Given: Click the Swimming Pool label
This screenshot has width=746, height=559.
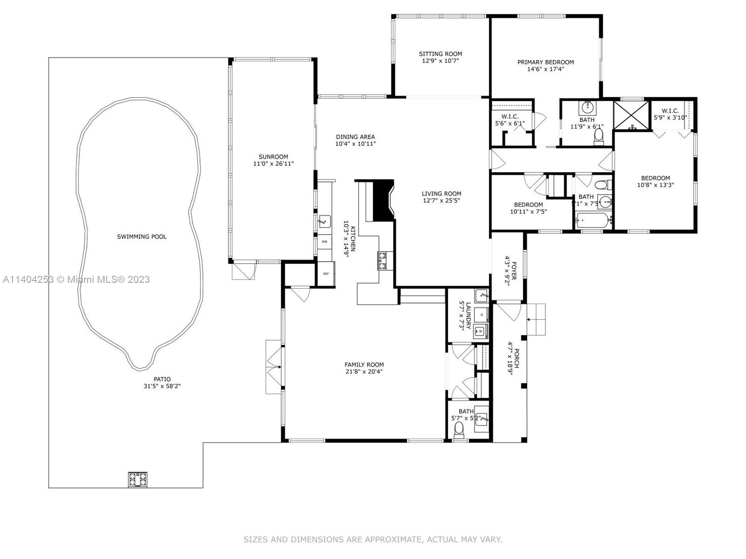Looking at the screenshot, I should point(141,237).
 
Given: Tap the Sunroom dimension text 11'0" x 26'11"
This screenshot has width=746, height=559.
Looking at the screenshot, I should point(273,164).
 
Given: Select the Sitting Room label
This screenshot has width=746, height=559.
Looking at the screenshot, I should point(440,54).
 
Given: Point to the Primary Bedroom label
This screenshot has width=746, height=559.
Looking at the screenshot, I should point(546,62).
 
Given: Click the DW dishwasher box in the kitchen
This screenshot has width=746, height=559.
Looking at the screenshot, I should point(324,242).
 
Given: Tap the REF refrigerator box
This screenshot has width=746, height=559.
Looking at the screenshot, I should point(325,273).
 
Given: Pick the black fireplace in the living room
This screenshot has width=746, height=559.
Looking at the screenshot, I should point(384,200).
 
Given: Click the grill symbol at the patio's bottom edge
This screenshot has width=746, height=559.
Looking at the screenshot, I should point(138,479).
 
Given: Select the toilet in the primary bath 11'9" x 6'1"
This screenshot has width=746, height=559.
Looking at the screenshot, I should point(599,136).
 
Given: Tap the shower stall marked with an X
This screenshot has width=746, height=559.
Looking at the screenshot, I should point(631,115).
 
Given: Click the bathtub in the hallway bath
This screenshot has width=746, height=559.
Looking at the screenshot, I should point(593,219).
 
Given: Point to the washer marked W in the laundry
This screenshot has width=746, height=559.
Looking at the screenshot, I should point(480,331).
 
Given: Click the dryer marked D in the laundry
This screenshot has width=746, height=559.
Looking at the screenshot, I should point(481,315).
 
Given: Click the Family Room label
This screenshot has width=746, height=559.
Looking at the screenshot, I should point(364,365).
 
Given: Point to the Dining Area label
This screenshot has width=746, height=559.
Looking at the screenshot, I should point(355,137).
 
